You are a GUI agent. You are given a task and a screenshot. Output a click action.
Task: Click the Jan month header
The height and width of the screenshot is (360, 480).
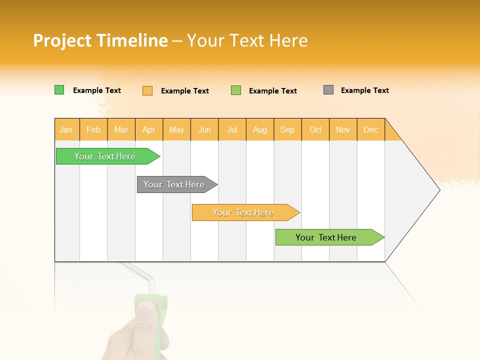66,129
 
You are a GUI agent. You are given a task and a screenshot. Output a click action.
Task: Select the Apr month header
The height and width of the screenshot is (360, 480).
149,129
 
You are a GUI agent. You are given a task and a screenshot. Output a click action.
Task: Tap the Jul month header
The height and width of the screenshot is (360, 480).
232,129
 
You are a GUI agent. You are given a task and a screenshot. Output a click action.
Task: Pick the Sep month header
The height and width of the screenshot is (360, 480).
287,129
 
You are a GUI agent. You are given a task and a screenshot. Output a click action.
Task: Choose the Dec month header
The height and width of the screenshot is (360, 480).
370,129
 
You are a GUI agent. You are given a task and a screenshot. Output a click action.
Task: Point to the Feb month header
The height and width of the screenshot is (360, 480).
93,129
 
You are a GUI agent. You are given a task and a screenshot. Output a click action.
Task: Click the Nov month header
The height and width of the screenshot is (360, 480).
343,129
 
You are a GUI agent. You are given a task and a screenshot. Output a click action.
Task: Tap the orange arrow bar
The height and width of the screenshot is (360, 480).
243,212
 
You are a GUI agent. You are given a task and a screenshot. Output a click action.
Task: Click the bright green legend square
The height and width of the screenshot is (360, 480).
59,90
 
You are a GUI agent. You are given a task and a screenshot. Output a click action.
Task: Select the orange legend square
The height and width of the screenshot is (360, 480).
147,90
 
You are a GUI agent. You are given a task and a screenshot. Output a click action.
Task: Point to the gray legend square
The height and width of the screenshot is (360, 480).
328,90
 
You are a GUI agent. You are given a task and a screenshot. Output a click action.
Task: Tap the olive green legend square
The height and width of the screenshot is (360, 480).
236,90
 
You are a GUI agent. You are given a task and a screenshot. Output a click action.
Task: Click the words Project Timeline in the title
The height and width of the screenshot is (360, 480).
100,40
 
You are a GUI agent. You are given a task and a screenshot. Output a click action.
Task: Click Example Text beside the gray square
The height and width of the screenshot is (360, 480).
364,90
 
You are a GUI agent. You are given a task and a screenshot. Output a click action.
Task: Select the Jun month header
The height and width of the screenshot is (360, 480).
204,129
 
